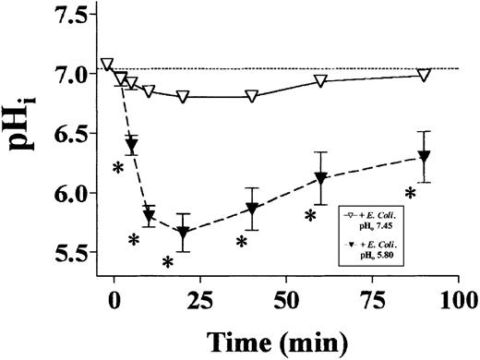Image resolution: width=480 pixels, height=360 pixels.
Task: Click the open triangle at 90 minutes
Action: point(424,75)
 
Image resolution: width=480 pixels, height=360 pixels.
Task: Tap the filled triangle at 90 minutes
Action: point(424,157)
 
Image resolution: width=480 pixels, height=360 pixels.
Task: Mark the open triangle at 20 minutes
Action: point(183,96)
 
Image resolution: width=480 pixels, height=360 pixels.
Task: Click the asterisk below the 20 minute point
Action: point(168,262)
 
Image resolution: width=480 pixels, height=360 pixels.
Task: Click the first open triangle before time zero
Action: point(107,64)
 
